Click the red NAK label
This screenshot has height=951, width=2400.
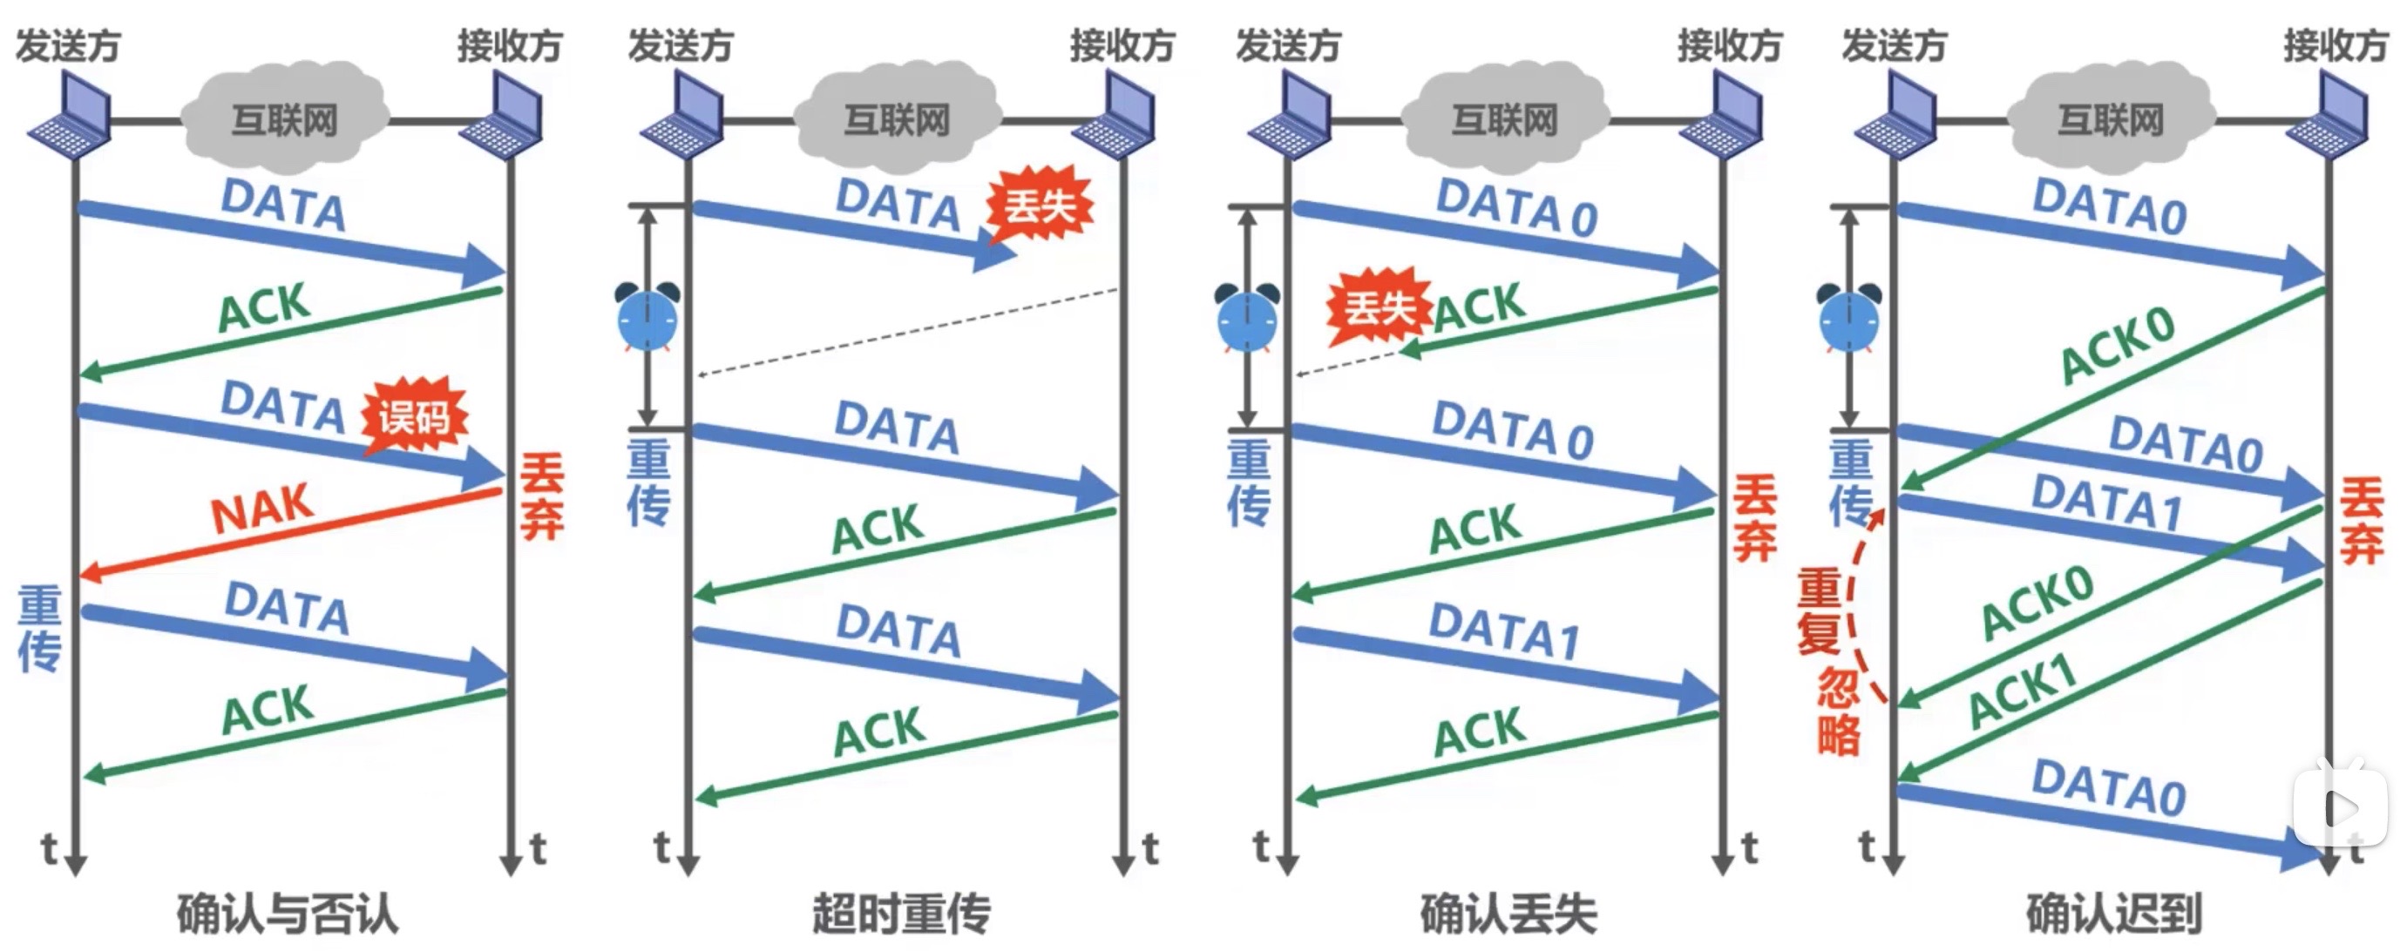[261, 509]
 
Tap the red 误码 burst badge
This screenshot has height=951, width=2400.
[414, 417]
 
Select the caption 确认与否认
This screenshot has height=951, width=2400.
[287, 913]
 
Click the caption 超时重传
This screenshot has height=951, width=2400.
[901, 913]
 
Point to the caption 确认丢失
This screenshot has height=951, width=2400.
[1508, 913]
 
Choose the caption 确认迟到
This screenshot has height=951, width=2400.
[2114, 913]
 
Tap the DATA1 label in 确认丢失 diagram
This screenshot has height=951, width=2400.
[1504, 631]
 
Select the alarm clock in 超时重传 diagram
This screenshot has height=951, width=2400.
[647, 318]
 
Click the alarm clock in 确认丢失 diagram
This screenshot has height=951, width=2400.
[1248, 318]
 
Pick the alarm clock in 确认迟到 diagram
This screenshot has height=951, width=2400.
[1849, 318]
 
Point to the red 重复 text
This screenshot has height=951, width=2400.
[1820, 612]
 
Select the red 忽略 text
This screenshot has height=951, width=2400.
[1838, 711]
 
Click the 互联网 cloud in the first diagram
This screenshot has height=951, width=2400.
[284, 120]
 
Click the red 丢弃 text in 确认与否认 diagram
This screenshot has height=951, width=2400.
[541, 496]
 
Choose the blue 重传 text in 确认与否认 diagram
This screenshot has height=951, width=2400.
[40, 629]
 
